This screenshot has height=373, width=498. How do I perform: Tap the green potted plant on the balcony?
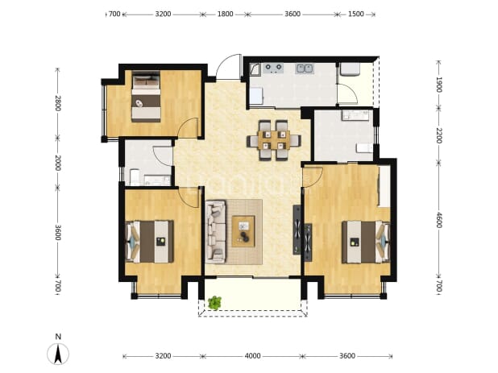(215, 303)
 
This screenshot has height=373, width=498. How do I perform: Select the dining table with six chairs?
(274, 140)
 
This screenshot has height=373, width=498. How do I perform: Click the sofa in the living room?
(216, 232)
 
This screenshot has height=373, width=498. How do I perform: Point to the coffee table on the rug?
(243, 231)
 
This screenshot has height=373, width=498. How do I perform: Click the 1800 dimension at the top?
(225, 15)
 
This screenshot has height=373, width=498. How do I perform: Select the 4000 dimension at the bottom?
(252, 356)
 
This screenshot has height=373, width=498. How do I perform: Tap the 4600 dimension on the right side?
(438, 220)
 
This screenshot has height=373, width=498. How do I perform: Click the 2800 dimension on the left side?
(57, 103)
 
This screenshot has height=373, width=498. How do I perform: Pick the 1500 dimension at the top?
(355, 15)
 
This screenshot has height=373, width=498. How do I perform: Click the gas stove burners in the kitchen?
(274, 68)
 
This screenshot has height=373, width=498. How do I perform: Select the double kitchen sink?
(305, 68)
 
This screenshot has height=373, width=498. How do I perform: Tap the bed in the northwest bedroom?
(146, 97)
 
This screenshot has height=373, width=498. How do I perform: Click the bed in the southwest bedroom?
(150, 242)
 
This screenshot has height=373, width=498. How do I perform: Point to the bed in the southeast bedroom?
(366, 242)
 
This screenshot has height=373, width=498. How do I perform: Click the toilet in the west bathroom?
(135, 177)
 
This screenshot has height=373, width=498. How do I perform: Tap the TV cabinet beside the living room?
(297, 230)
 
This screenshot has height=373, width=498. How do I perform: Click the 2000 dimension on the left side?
(57, 163)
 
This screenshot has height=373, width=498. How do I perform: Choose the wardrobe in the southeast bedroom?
(384, 186)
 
